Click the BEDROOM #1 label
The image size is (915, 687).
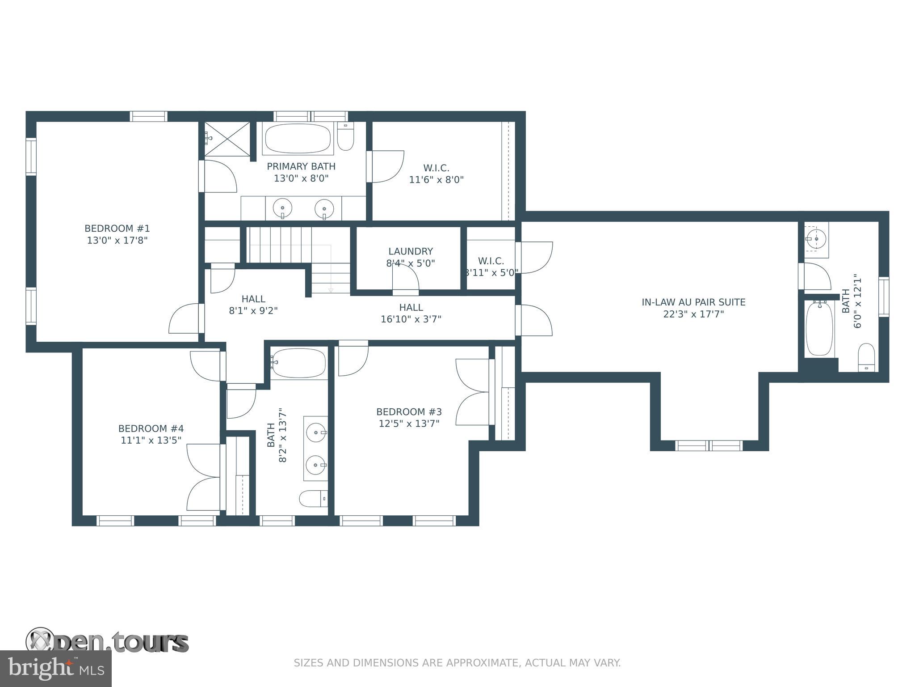[117, 229]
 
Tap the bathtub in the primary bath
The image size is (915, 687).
[298, 139]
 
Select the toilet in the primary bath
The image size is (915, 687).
[345, 136]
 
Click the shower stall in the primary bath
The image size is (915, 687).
[227, 138]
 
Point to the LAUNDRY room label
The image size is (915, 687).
[410, 251]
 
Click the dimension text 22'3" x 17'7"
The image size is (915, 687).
[693, 314]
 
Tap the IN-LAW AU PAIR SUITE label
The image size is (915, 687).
[693, 302]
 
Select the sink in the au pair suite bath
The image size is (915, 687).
[816, 239]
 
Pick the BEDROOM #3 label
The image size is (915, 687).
[409, 412]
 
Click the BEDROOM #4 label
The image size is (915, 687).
[151, 429]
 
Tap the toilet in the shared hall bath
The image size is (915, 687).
[313, 498]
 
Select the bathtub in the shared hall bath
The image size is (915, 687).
[298, 363]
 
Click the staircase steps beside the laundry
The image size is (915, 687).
[280, 245]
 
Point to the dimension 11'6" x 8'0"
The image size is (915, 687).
[436, 180]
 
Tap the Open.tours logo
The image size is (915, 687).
[107, 642]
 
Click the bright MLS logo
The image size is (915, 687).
[55, 669]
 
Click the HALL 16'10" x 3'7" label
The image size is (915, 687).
[411, 313]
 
